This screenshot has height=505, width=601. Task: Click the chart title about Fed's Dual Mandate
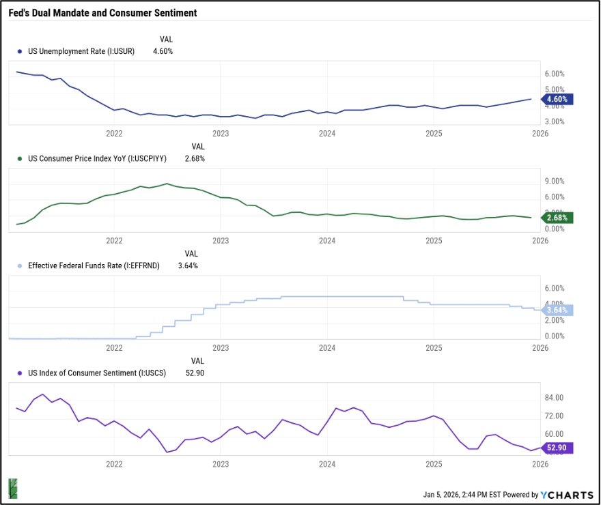click(102, 13)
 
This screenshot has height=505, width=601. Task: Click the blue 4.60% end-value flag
click(557, 99)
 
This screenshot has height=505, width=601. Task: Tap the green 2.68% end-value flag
click(557, 218)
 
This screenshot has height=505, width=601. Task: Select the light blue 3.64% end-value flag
click(557, 310)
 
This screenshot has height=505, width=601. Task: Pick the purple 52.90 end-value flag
click(557, 448)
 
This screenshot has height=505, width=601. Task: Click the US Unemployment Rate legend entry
click(81, 51)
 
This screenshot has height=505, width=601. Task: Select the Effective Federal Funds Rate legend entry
click(93, 265)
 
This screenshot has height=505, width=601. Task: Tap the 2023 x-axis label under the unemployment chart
click(221, 134)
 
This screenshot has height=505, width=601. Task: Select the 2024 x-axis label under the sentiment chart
click(327, 463)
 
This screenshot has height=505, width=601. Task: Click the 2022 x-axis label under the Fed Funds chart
click(114, 347)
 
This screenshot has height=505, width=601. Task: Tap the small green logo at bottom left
click(13, 488)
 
